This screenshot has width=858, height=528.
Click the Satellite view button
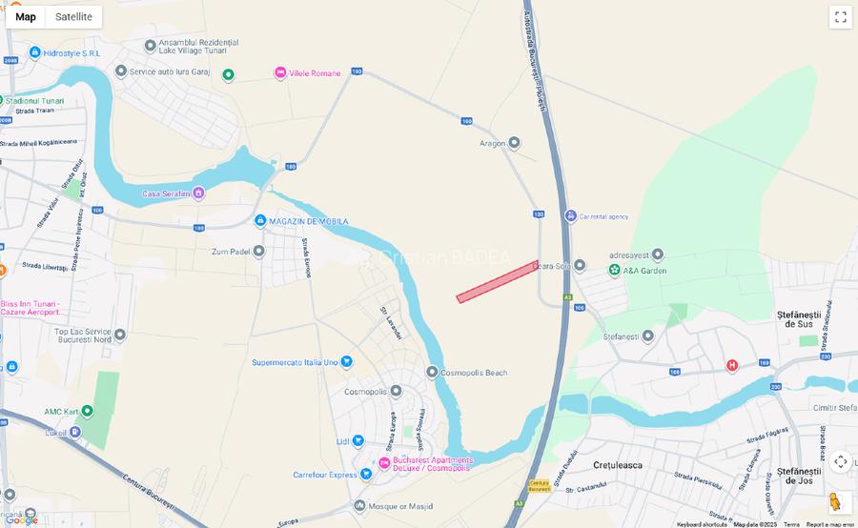pyautogui.click(x=73, y=16)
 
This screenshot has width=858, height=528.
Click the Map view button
pyautogui.click(x=26, y=16)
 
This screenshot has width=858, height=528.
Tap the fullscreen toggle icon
pyautogui.click(x=840, y=16)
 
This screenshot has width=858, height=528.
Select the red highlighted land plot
pyautogui.click(x=498, y=282)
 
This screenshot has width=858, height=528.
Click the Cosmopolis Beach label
pyautogui.click(x=476, y=372)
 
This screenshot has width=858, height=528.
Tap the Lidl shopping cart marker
pyautogui.click(x=357, y=440)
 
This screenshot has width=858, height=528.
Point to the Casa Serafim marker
pyautogui.click(x=198, y=193)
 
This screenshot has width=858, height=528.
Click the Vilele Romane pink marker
pyautogui.click(x=280, y=72)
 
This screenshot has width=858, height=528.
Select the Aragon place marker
pyautogui.click(x=514, y=143)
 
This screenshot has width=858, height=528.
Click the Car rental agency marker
pyautogui.click(x=570, y=216)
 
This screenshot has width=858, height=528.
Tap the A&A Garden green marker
pyautogui.click(x=615, y=270)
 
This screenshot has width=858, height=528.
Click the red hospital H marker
pyautogui.click(x=732, y=365)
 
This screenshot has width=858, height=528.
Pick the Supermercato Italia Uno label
pyautogui.click(x=295, y=362)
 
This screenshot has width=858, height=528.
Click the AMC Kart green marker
pyautogui.click(x=87, y=411)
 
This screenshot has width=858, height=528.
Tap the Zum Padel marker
pyautogui.click(x=258, y=252)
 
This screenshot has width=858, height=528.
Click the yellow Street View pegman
pyautogui.click(x=836, y=501)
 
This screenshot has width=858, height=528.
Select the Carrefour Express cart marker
pyautogui.click(x=366, y=474)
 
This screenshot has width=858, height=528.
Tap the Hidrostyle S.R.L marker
pyautogui.click(x=35, y=52)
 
